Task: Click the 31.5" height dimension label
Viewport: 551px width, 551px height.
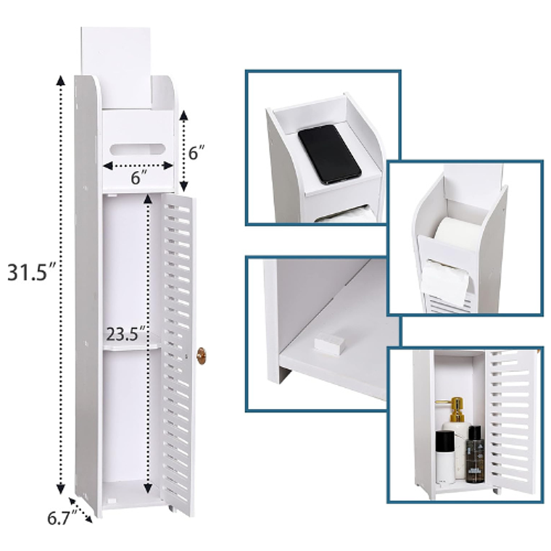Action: click(32, 272)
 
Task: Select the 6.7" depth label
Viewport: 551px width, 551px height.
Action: click(62, 518)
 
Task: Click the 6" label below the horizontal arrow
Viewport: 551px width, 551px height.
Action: click(138, 178)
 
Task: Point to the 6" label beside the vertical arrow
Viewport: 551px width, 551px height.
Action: click(196, 153)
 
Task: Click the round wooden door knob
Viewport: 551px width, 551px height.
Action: click(202, 356)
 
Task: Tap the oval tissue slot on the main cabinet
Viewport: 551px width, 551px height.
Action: click(137, 149)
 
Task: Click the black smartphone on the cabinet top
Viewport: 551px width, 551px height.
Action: click(329, 154)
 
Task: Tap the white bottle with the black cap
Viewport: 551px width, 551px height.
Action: click(445, 457)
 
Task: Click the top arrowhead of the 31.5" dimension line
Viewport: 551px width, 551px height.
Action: click(61, 80)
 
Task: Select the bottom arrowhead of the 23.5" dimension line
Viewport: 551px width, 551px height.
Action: click(148, 487)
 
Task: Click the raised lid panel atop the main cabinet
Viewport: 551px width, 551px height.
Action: click(117, 67)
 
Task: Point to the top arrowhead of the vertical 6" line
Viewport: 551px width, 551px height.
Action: click(183, 116)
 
